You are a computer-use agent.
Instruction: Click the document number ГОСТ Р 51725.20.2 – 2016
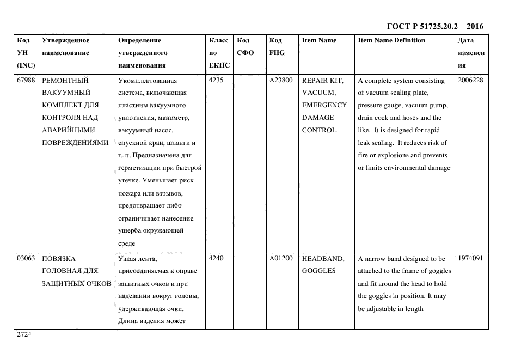pyautogui.click(x=434, y=26)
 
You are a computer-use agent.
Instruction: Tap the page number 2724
pyautogui.click(x=24, y=334)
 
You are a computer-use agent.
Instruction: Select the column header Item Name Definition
pyautogui.click(x=391, y=40)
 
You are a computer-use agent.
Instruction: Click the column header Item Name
pyautogui.click(x=319, y=40)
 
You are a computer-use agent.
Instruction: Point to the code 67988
pyautogui.click(x=27, y=81)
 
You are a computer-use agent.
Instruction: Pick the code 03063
pyautogui.click(x=27, y=259)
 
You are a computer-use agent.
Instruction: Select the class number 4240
pyautogui.click(x=217, y=259)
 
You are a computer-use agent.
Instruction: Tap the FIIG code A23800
pyautogui.click(x=281, y=81)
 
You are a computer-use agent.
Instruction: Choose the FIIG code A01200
pyautogui.click(x=281, y=259)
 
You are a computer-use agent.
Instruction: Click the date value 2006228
pyautogui.click(x=470, y=81)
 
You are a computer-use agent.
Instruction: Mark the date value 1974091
pyautogui.click(x=470, y=259)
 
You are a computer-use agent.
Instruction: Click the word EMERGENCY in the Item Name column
pyautogui.click(x=324, y=105)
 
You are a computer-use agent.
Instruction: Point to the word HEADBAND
pyautogui.click(x=323, y=259)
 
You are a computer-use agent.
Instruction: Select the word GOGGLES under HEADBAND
pyautogui.click(x=319, y=271)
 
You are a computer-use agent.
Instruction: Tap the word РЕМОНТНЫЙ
pyautogui.click(x=65, y=81)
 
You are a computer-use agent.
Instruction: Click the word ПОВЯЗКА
pyautogui.click(x=59, y=259)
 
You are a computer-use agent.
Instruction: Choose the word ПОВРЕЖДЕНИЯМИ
pyautogui.click(x=76, y=143)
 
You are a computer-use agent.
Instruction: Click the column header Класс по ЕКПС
pyautogui.click(x=219, y=53)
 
